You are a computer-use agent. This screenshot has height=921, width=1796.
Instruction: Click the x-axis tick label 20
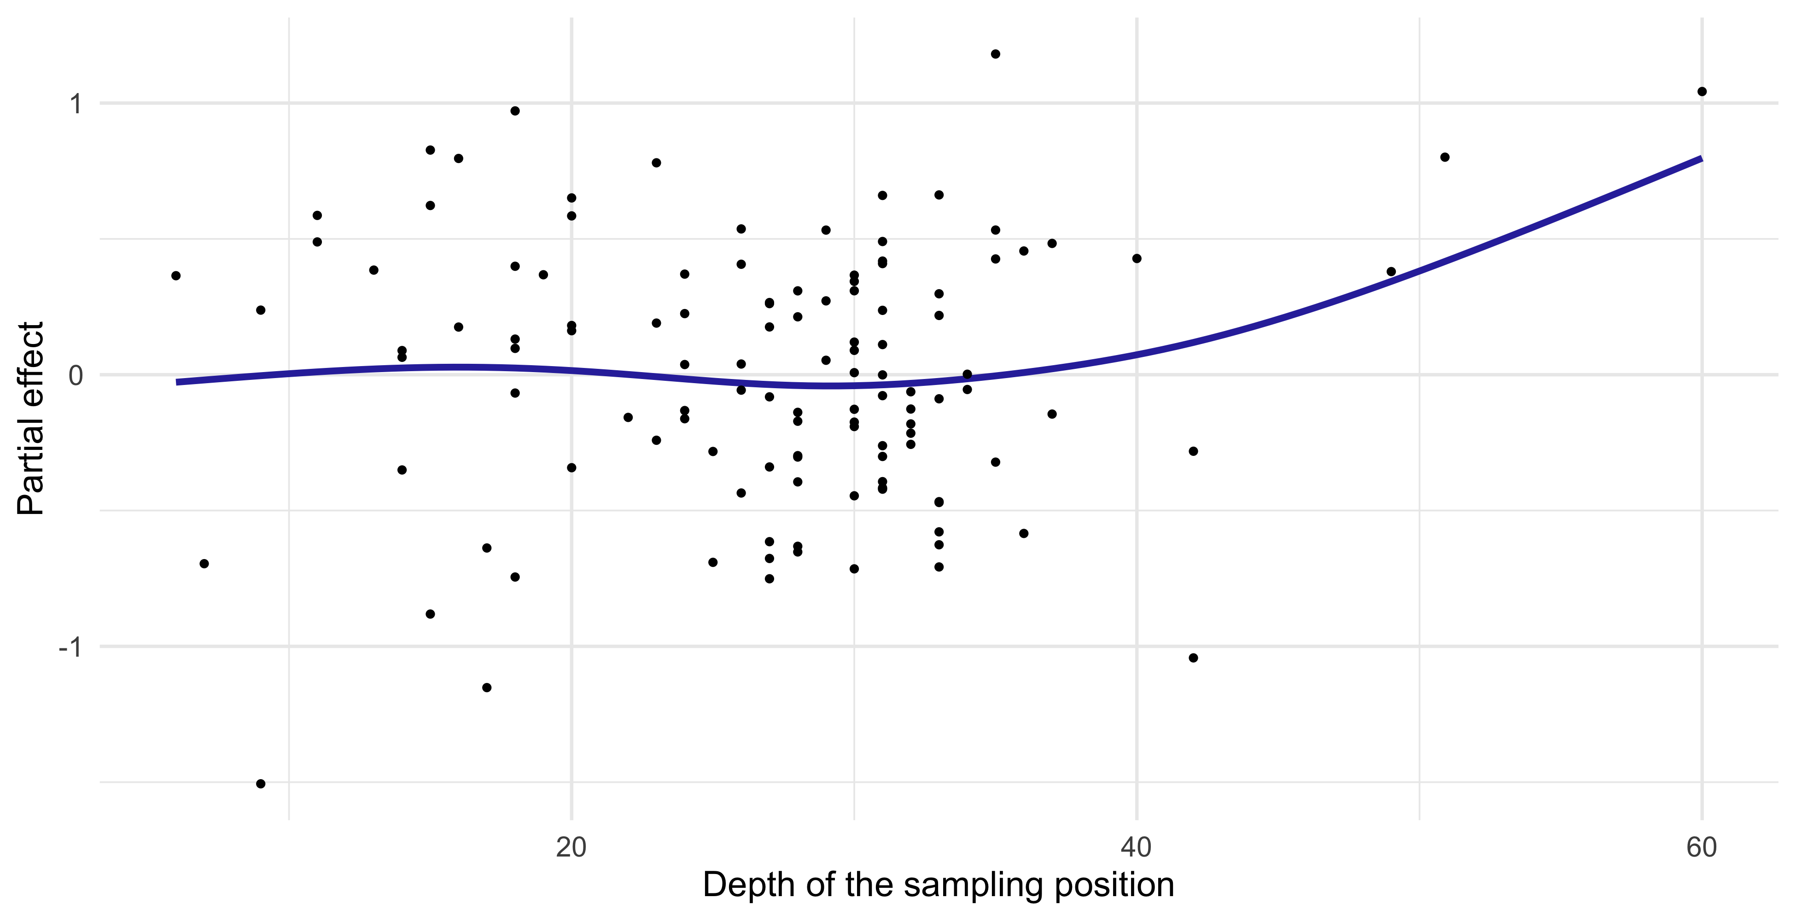(x=571, y=847)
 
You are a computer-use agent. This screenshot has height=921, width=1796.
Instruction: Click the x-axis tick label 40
(x=1137, y=847)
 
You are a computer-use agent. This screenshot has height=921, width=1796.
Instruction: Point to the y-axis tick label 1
(x=76, y=104)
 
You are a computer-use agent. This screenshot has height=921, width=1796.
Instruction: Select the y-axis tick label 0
(x=76, y=375)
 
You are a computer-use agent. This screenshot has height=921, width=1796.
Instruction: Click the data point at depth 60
(x=1702, y=91)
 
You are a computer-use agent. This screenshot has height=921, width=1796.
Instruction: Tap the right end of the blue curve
(x=1701, y=159)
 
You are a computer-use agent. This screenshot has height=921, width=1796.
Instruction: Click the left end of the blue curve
(x=178, y=382)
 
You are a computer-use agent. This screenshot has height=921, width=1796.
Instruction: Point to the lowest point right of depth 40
(x=1193, y=658)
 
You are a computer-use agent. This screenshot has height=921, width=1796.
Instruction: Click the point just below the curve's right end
(x=1445, y=157)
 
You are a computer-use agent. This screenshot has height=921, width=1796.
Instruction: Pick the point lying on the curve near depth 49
(x=1391, y=272)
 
